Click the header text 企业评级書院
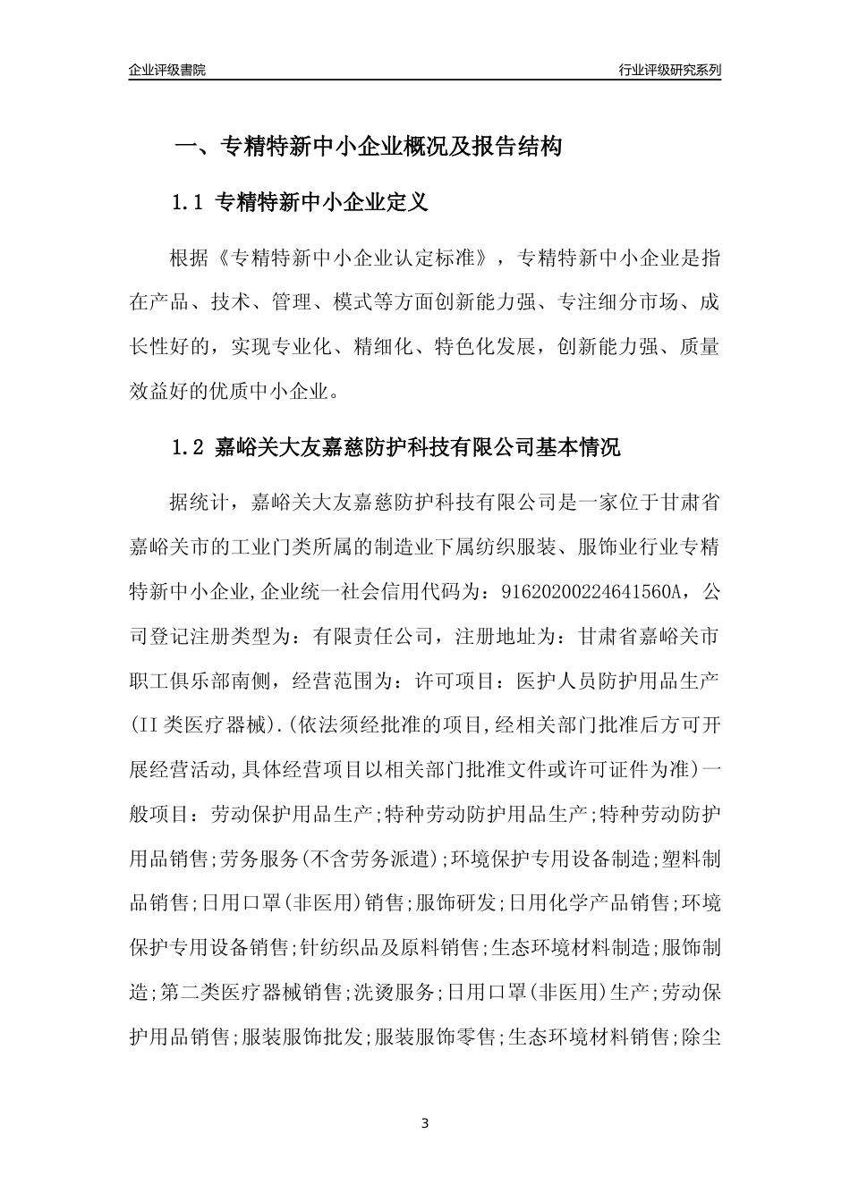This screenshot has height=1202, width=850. [x=167, y=70]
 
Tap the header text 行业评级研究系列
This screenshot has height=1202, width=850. [x=669, y=70]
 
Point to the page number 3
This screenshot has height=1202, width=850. [x=425, y=1123]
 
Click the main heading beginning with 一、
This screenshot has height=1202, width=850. [x=368, y=147]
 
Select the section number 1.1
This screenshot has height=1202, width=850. [x=189, y=203]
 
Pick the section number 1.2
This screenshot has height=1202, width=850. [x=189, y=447]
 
